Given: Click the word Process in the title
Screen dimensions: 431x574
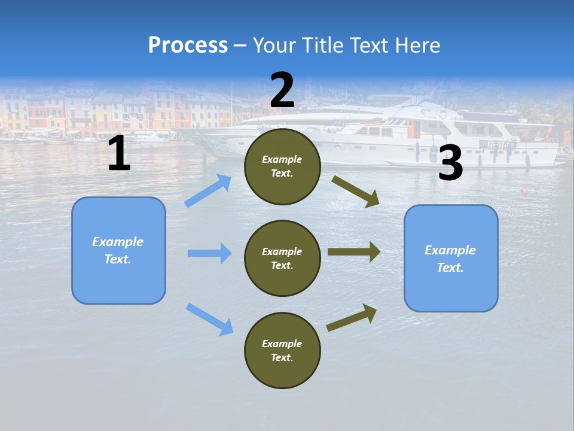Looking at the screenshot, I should tap(188, 45).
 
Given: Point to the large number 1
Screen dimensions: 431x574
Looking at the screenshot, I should tap(119, 154).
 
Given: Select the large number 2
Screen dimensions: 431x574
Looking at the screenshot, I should tap(282, 90).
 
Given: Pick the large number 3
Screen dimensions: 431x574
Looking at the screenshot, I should tap(450, 164).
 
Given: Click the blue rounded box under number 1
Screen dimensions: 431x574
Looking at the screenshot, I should tap(118, 250).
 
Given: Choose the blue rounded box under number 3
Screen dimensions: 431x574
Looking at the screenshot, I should tap(451, 259).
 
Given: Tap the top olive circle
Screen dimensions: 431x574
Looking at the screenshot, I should tap(282, 166).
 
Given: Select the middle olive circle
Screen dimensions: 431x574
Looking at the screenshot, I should tap(282, 259).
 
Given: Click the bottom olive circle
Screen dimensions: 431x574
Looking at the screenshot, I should tap(282, 351).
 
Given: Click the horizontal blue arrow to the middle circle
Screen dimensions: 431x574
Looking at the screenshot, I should tap(209, 253).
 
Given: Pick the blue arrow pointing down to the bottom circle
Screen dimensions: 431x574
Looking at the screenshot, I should tap(209, 319).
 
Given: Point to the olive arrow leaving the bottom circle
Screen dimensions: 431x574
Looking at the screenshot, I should tap(352, 317).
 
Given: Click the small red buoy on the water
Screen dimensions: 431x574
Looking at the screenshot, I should tap(524, 191).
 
